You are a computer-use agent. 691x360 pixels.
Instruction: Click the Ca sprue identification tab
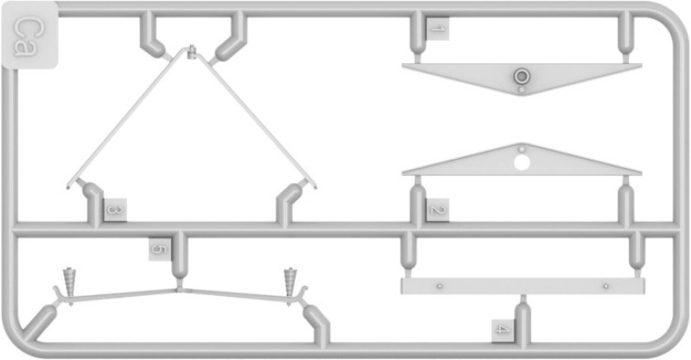point(30,35)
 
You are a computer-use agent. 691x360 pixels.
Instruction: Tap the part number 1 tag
point(438,29)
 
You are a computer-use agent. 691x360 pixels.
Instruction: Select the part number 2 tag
point(438,210)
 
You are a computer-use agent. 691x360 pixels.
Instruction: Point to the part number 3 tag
point(116,210)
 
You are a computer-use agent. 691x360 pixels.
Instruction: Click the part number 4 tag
point(503,331)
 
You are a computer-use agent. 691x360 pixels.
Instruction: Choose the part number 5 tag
point(160,249)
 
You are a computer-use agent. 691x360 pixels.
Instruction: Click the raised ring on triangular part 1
point(522,76)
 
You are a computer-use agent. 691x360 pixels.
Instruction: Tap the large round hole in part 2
point(522,162)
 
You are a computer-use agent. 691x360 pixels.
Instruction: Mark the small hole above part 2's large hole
point(522,149)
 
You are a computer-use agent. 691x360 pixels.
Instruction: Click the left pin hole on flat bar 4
point(439,287)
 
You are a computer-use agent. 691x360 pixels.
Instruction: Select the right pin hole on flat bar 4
point(606,287)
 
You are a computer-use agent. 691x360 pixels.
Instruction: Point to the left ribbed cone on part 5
point(70,282)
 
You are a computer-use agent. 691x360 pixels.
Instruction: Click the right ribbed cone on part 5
point(290,282)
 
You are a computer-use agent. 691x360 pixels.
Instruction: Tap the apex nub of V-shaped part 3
point(191,52)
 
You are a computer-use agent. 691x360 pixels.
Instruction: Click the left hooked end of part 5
point(58,294)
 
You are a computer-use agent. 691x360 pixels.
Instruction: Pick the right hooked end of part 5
point(303,294)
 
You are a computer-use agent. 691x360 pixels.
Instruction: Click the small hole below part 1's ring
point(522,90)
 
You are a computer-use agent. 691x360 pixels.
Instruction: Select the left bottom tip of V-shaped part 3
point(68,186)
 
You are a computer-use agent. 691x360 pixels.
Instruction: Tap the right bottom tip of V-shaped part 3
point(315,186)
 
